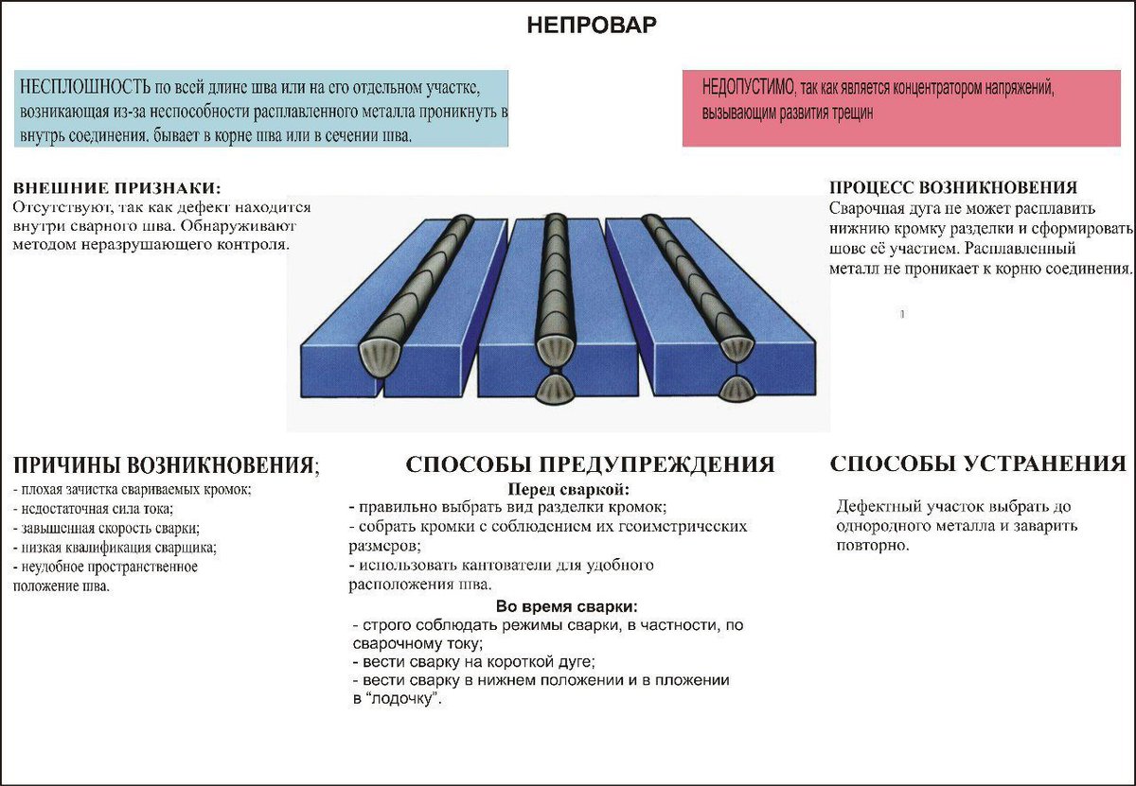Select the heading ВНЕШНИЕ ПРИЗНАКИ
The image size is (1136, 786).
122,188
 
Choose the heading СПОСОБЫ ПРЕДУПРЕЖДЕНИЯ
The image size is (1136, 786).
590,464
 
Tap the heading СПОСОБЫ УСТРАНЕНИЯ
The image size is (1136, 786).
978,463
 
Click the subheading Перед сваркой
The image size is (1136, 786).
568,489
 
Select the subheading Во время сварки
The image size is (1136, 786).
566,606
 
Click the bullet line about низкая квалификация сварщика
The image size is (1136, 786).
116,547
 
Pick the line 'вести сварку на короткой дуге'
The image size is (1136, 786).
473,662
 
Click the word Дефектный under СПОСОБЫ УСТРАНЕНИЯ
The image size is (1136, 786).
875,507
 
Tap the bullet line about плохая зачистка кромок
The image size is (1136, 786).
133,490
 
